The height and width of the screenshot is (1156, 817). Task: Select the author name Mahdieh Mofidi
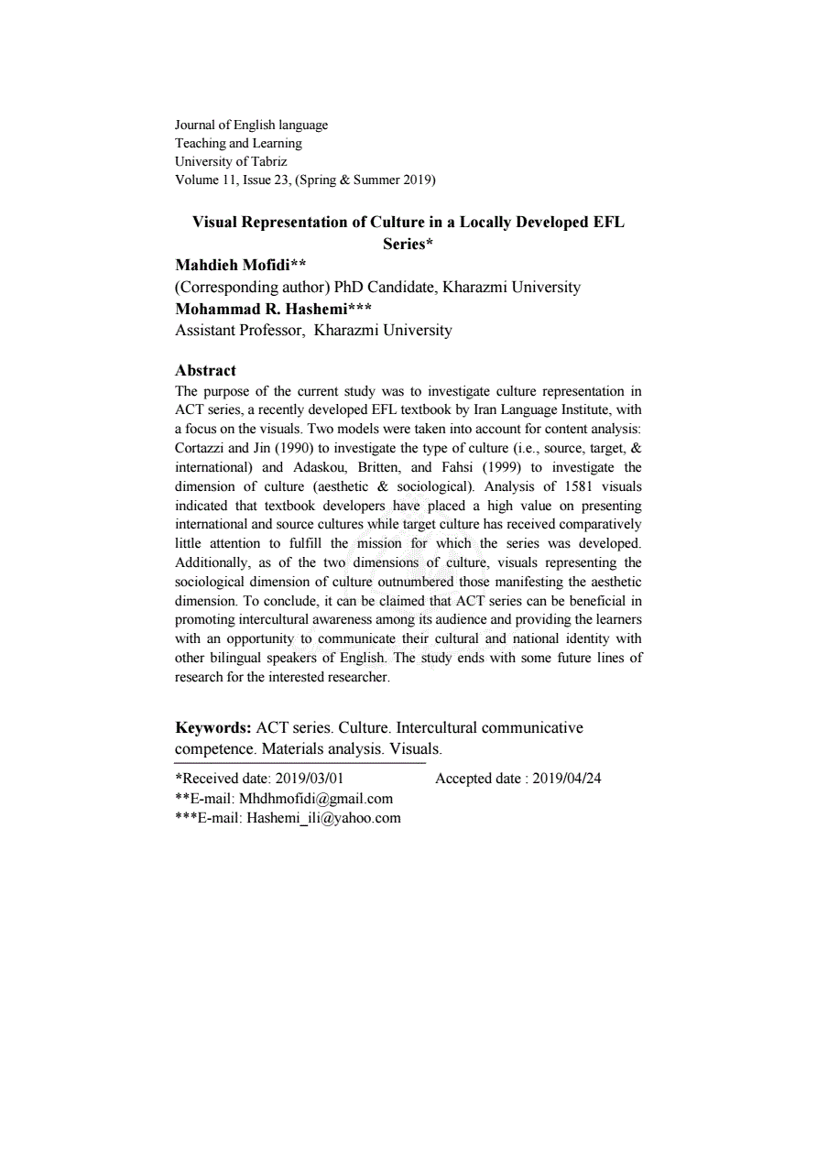coord(234,266)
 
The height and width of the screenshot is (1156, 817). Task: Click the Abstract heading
coord(205,370)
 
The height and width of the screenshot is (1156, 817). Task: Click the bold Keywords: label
coord(213,728)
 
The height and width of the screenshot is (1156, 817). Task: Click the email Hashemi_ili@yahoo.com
coord(323,818)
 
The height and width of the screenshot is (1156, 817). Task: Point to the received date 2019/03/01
coord(310,780)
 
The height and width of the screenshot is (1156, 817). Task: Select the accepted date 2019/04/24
coord(567,780)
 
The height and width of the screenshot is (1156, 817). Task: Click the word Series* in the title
coord(408,244)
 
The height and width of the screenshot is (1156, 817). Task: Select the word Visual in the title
coord(216,223)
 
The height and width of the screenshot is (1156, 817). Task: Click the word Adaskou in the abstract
coord(320,467)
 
